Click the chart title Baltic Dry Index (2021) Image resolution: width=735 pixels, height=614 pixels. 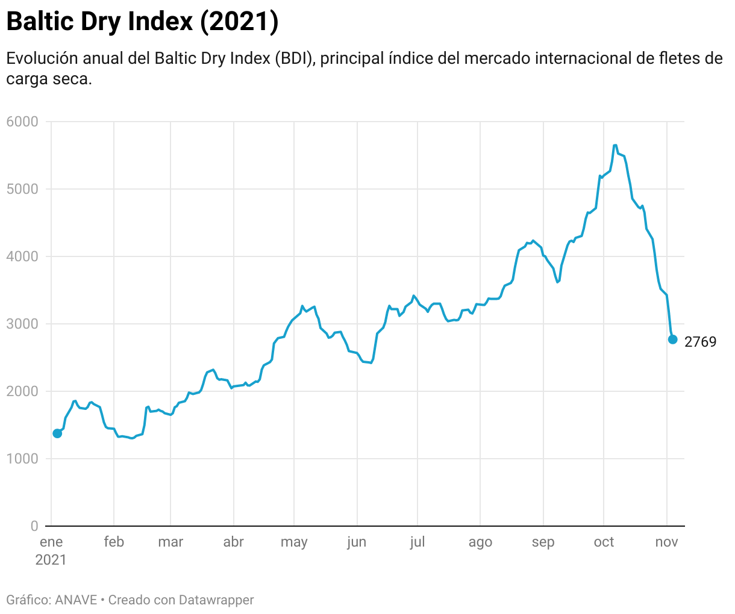(142, 22)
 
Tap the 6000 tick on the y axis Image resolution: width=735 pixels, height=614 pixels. (22, 122)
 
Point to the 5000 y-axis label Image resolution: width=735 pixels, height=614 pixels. (22, 189)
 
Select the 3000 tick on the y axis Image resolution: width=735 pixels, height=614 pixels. (22, 324)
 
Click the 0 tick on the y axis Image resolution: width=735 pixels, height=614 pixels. (34, 526)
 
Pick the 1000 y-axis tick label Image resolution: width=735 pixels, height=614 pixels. (22, 459)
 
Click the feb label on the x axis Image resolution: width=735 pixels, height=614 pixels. (114, 542)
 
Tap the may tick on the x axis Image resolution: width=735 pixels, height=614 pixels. (294, 542)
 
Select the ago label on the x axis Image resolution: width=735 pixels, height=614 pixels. (480, 542)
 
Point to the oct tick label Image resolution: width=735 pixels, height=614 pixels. (604, 542)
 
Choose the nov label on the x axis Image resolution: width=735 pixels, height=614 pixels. (666, 542)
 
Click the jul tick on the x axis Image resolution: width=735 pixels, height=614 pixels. (418, 542)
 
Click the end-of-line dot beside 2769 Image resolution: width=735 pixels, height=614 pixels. (673, 340)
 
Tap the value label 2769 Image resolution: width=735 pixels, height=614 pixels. (701, 343)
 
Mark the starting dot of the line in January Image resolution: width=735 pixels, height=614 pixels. (57, 433)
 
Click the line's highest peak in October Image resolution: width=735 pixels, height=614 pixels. (615, 145)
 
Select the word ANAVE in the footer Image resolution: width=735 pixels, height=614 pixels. (76, 600)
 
